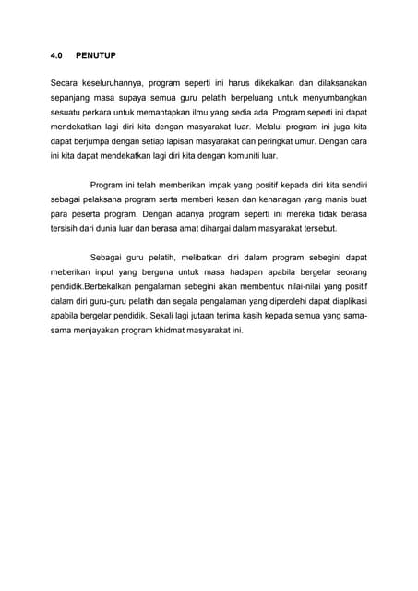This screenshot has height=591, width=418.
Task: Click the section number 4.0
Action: pyautogui.click(x=57, y=55)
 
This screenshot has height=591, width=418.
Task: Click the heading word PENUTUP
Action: pyautogui.click(x=96, y=55)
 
